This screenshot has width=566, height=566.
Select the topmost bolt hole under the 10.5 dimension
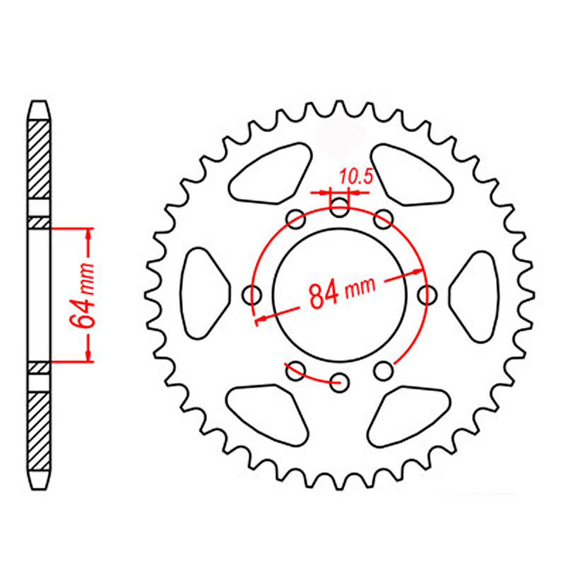click(x=339, y=208)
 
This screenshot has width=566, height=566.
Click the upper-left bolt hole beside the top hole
click(x=296, y=220)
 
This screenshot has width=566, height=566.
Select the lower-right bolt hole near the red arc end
click(x=383, y=370)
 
